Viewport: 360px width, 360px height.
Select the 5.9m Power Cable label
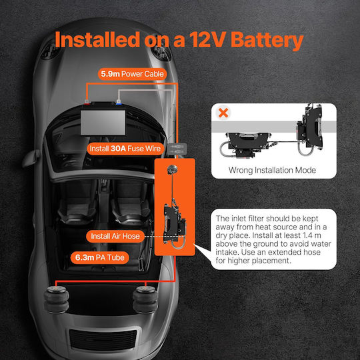[x=132, y=74]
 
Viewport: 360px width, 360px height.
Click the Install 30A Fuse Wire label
[x=125, y=149]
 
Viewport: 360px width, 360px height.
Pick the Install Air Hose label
[x=115, y=236]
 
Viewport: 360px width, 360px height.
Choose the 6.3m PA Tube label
[x=100, y=257]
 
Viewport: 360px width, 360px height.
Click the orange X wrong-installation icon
[x=223, y=113]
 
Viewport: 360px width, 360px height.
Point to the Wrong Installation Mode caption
[x=272, y=171]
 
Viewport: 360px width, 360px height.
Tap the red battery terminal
[x=87, y=103]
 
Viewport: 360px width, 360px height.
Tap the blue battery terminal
[x=119, y=103]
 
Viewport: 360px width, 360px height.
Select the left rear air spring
[x=56, y=299]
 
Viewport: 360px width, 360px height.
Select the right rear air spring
[x=145, y=299]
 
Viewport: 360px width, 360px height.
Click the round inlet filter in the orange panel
[x=172, y=169]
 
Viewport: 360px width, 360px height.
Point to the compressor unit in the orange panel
[x=174, y=225]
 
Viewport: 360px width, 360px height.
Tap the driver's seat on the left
[x=77, y=207]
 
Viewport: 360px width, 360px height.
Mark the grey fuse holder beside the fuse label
[x=177, y=149]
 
